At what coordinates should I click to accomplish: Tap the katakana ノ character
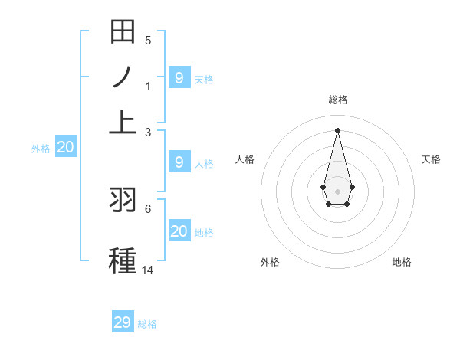[x=123, y=77]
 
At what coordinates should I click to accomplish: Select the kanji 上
[x=123, y=122]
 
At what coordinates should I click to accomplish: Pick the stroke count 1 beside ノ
[x=148, y=87]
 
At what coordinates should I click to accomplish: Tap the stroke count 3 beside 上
[x=148, y=133]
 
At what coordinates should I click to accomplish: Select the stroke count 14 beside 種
[x=148, y=270]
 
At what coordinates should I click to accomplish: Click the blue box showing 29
[x=123, y=322]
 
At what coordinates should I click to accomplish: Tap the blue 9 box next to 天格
[x=179, y=77]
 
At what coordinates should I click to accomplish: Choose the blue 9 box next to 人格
[x=179, y=162]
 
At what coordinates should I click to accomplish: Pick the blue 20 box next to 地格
[x=179, y=231]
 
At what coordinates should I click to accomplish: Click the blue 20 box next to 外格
[x=65, y=148]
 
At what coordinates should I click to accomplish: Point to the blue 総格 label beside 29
[x=147, y=324]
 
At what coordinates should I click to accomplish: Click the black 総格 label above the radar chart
[x=337, y=100]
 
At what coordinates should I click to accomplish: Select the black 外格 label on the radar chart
[x=270, y=262]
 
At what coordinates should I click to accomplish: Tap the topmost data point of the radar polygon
[x=337, y=129]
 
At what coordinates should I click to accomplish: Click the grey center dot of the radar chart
[x=337, y=189]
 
